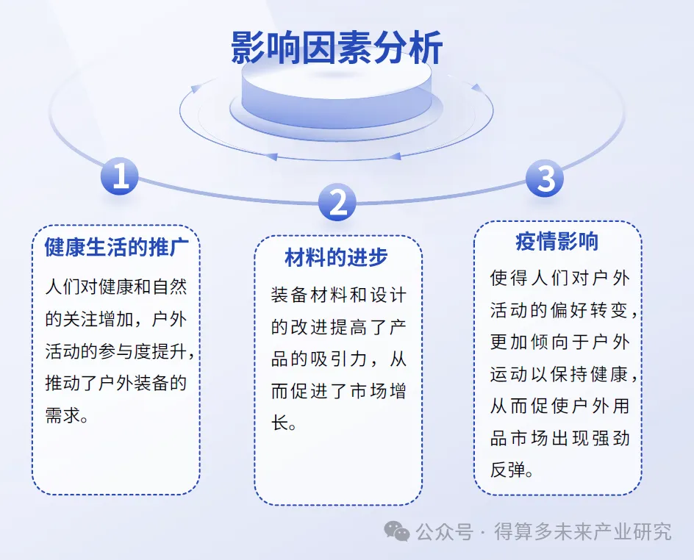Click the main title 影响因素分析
point(337,48)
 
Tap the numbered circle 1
point(120,176)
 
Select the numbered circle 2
point(337,202)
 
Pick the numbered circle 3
point(545,179)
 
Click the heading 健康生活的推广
point(117,247)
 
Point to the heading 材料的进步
point(337,257)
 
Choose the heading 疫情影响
point(557,242)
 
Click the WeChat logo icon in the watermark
point(396,531)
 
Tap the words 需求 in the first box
point(62,415)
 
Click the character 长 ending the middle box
point(279,423)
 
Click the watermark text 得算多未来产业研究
point(583,531)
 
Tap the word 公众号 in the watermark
point(444,531)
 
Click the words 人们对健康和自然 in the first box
point(116,287)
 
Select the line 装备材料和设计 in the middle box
point(339,295)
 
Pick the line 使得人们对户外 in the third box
point(560,278)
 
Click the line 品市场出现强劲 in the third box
point(560,438)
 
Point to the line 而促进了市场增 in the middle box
point(339,391)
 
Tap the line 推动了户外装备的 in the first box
point(116,383)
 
